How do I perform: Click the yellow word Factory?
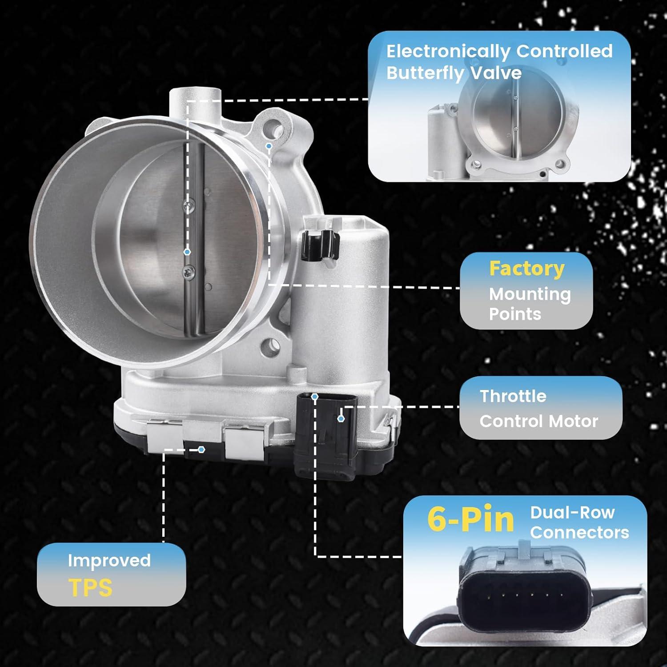pyautogui.click(x=526, y=269)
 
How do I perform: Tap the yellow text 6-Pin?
pyautogui.click(x=470, y=519)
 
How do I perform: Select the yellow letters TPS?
pyautogui.click(x=91, y=587)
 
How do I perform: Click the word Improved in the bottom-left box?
pyautogui.click(x=109, y=561)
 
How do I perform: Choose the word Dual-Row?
pyautogui.click(x=572, y=513)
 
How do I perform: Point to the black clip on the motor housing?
pyautogui.click(x=319, y=245)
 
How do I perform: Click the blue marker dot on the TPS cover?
pyautogui.click(x=201, y=450)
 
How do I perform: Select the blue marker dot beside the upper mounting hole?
pyautogui.click(x=269, y=146)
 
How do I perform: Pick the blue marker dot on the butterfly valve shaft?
pyautogui.click(x=187, y=252)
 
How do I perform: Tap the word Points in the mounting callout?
pyautogui.click(x=515, y=314)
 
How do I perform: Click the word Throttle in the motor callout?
pyautogui.click(x=513, y=396)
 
